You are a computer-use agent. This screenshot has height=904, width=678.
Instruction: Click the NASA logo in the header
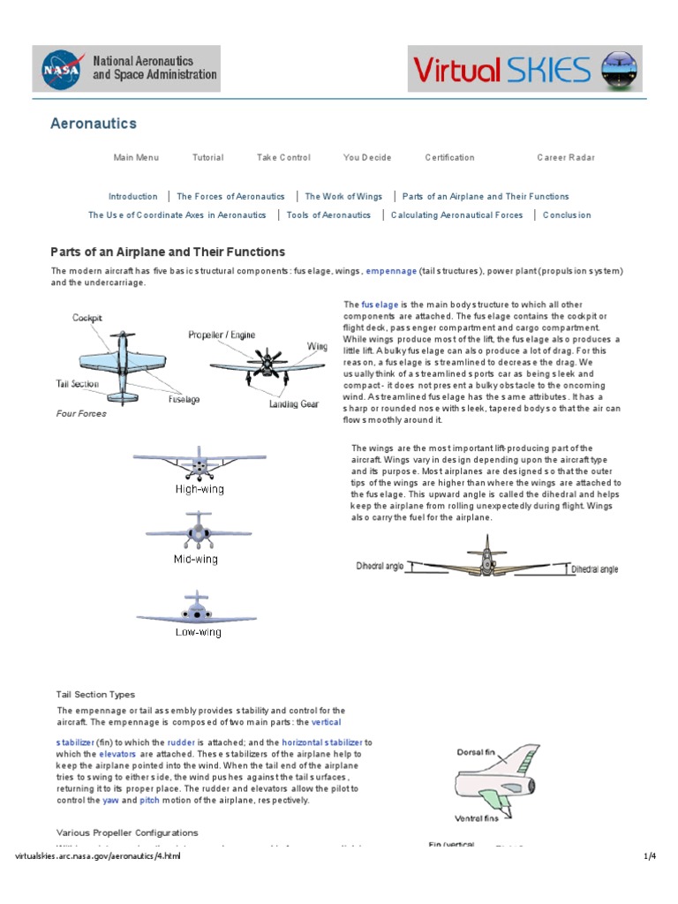click(63, 69)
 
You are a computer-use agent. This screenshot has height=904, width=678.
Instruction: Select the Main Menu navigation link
click(136, 158)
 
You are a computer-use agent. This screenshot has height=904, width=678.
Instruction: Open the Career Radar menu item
click(566, 158)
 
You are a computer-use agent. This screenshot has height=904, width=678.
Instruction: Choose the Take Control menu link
click(283, 158)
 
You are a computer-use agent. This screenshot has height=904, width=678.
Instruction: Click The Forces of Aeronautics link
click(230, 197)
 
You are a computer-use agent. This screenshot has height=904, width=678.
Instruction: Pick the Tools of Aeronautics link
click(328, 215)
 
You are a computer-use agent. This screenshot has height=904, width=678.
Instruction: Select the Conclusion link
click(567, 215)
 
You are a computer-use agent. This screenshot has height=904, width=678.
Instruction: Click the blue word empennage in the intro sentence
click(391, 271)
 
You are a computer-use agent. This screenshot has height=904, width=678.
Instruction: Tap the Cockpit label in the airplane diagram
click(88, 318)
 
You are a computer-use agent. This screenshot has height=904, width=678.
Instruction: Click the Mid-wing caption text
click(195, 559)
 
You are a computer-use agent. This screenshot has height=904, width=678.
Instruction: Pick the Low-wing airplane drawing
click(196, 609)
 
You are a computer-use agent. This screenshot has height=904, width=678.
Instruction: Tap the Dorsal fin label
click(478, 752)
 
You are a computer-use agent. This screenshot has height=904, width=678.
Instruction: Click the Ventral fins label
click(477, 817)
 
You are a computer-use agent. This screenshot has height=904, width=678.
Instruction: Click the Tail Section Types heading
click(95, 695)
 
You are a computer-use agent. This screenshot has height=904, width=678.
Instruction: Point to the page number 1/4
click(649, 857)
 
